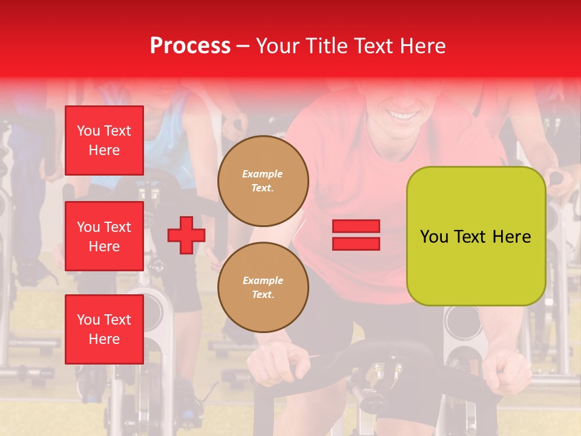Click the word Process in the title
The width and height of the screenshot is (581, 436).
pyautogui.click(x=190, y=46)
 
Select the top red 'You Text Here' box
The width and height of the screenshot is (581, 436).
pyautogui.click(x=104, y=140)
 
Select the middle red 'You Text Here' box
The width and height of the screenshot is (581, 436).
pyautogui.click(x=104, y=236)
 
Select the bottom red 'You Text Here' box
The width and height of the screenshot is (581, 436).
pyautogui.click(x=104, y=329)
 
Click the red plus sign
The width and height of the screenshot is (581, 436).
pyautogui.click(x=186, y=235)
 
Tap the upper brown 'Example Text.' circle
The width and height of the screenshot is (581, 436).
pyautogui.click(x=263, y=181)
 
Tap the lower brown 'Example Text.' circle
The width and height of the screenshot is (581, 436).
pyautogui.click(x=263, y=288)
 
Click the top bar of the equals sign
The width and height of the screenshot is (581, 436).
pyautogui.click(x=356, y=226)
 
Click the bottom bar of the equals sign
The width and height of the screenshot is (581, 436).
pyautogui.click(x=356, y=243)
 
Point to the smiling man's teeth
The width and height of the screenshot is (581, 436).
pyautogui.click(x=402, y=114)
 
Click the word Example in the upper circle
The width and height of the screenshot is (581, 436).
pyautogui.click(x=262, y=174)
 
